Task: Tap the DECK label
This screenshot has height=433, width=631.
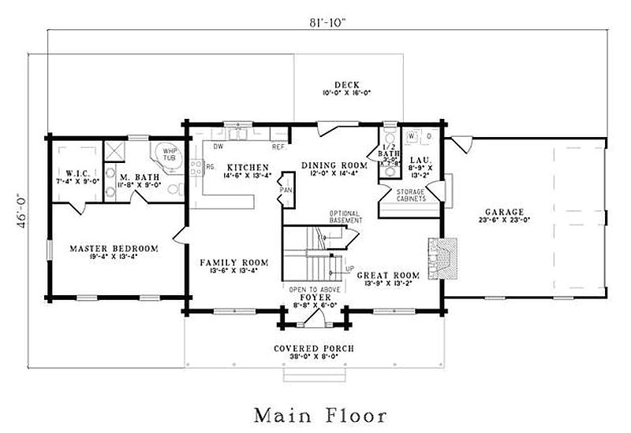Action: (346, 84)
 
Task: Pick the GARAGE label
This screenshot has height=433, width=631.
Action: (506, 212)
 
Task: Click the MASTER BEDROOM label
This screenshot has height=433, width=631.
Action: (114, 248)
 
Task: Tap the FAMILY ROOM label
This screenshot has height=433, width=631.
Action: (233, 262)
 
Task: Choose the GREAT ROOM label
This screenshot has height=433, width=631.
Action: (385, 276)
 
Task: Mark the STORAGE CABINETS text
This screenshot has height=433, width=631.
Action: (411, 195)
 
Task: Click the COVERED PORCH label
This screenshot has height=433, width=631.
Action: (313, 348)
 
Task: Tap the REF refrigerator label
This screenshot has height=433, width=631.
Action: (278, 146)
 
